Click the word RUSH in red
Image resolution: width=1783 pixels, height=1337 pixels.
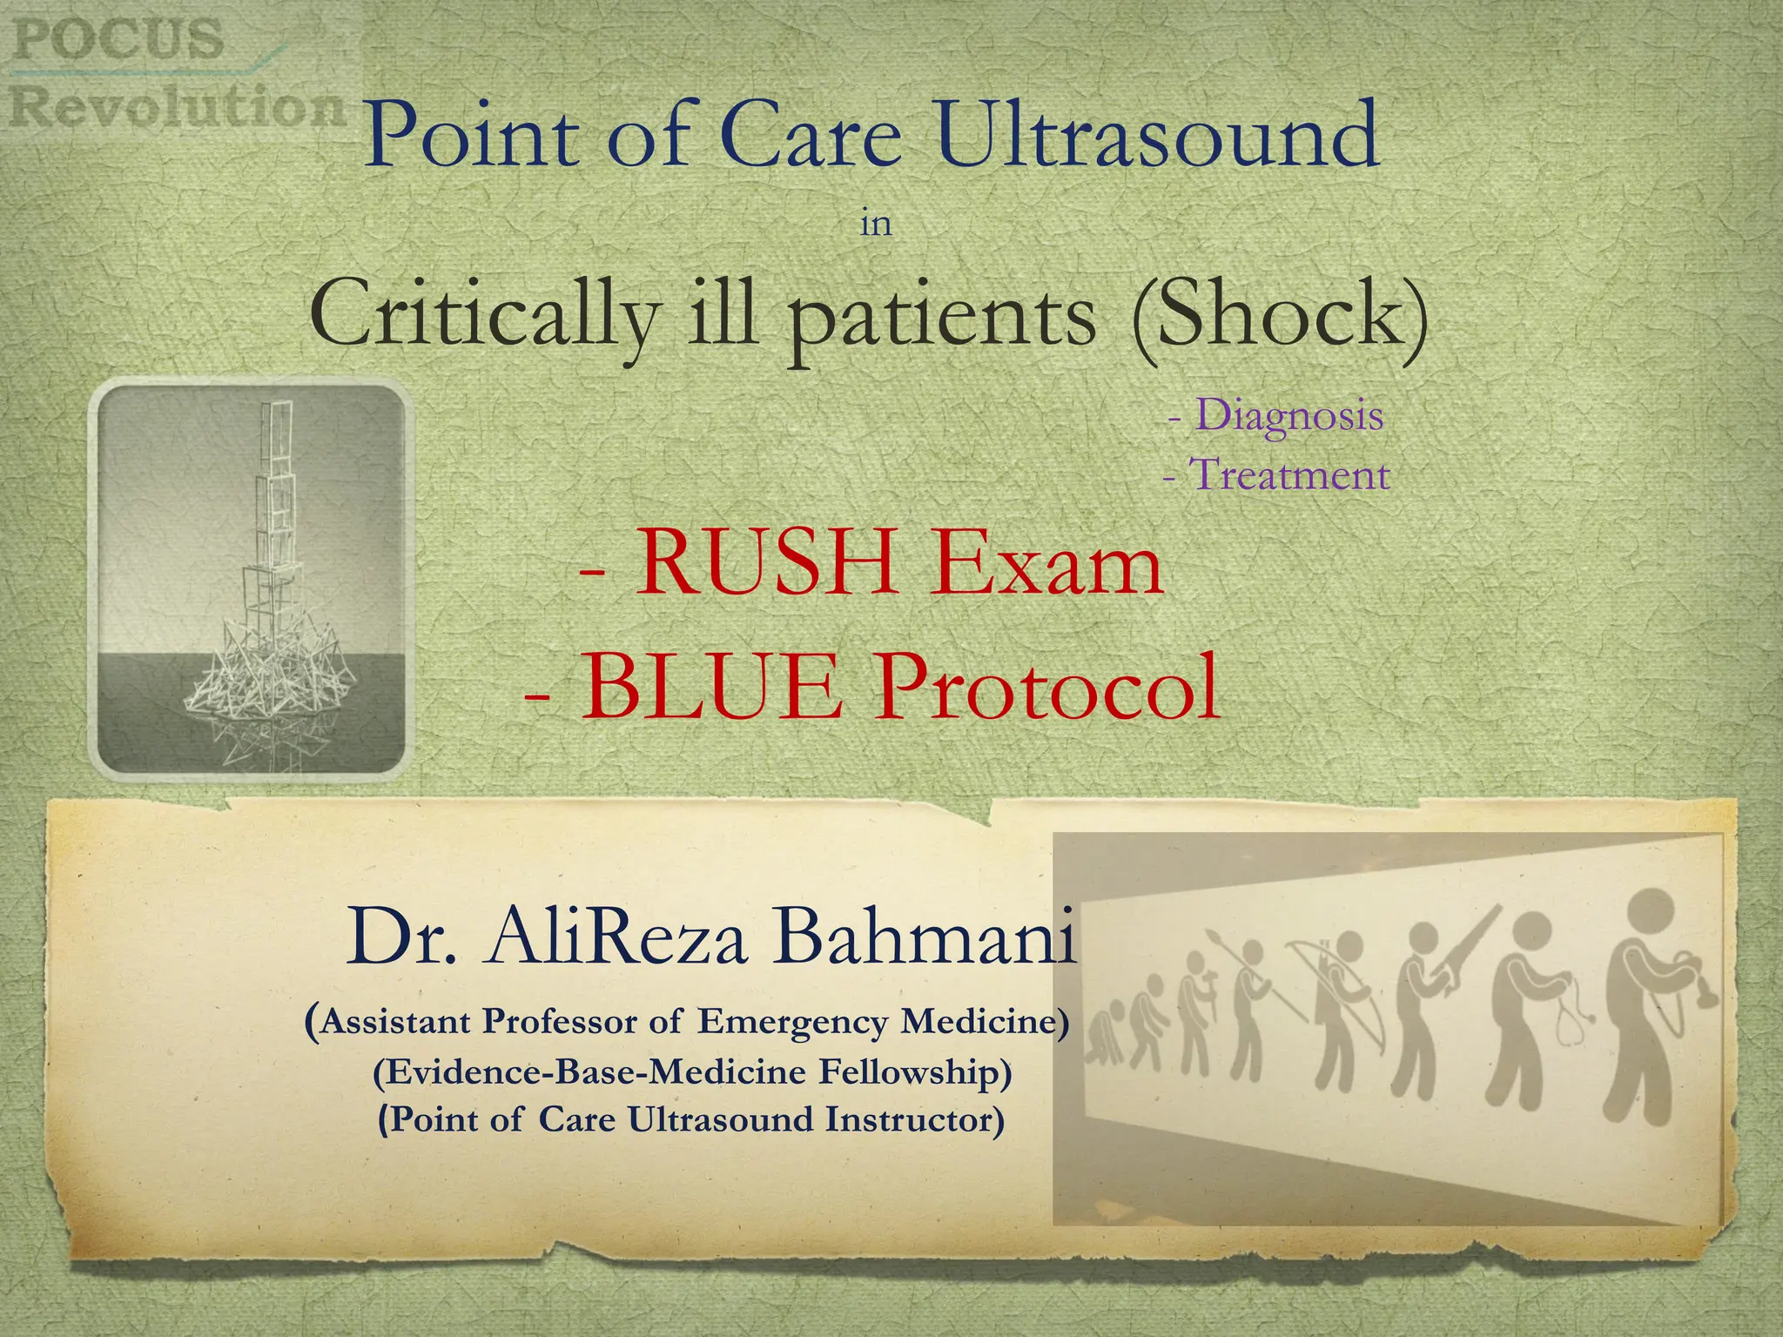click(766, 564)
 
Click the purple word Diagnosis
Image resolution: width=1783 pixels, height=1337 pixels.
click(1289, 414)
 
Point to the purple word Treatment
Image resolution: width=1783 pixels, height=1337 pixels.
click(1288, 475)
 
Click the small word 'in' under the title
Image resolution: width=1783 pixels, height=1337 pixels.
click(876, 225)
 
